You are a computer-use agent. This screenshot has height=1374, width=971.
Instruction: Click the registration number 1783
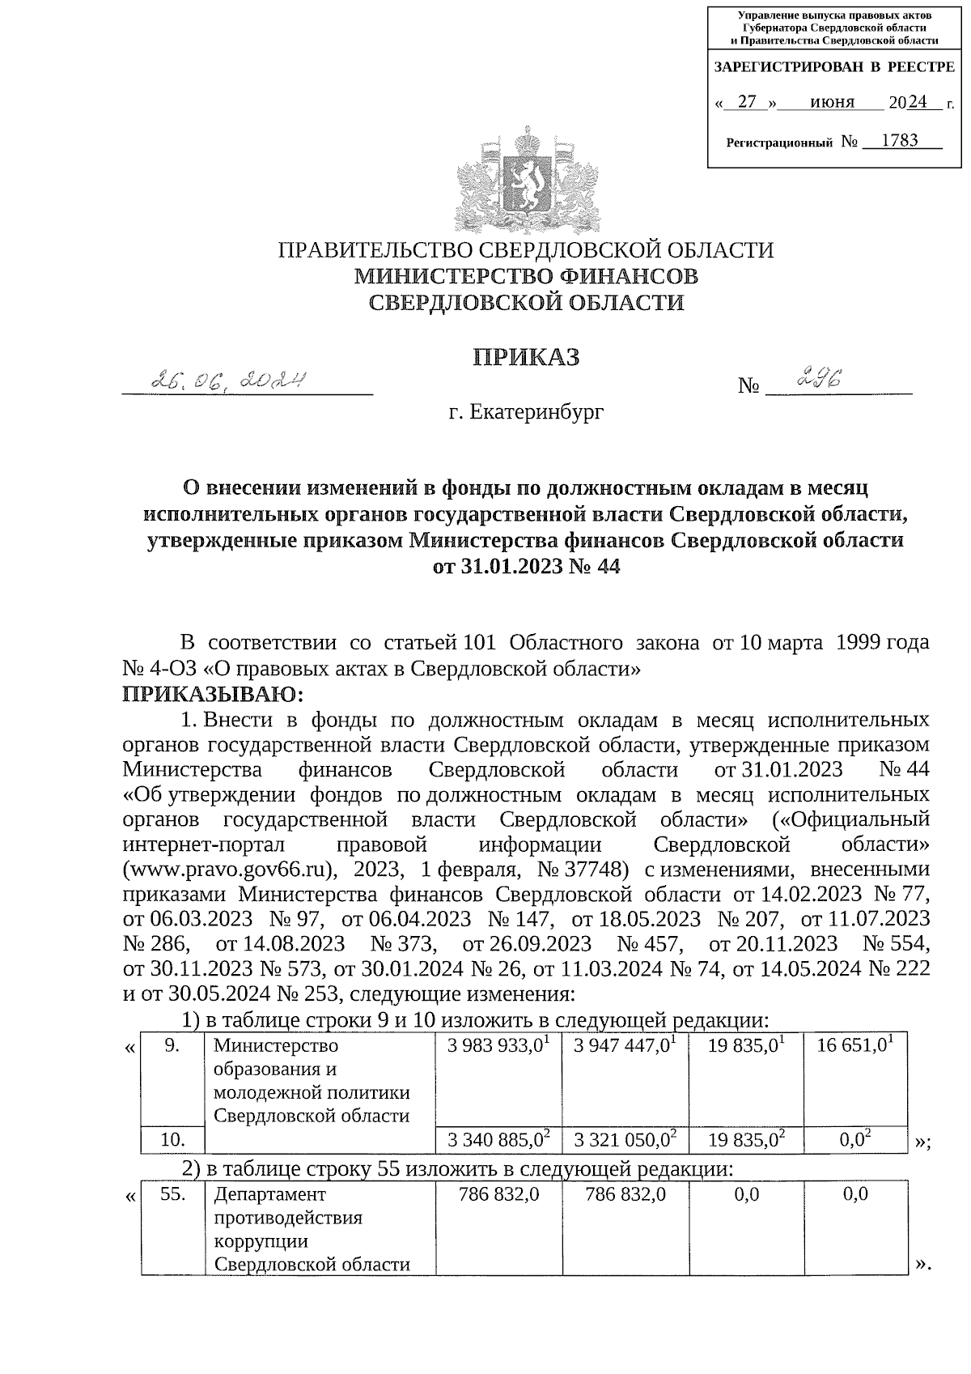point(899,141)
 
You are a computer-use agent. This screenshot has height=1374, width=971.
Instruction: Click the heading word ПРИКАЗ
point(527,357)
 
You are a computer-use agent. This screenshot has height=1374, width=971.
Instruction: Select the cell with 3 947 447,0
point(624,1045)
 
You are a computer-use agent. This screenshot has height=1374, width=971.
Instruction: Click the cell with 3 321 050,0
point(624,1141)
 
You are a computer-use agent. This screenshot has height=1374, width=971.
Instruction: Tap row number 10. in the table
point(172,1141)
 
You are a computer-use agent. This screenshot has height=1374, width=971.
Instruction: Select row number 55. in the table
point(172,1194)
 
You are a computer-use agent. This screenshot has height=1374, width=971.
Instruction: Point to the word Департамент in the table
point(269,1194)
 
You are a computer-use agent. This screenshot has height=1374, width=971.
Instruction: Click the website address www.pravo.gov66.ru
point(228,870)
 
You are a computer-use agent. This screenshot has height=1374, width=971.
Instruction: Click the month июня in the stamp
point(832,102)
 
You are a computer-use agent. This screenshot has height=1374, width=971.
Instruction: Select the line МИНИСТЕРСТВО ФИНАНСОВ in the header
point(527,277)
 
